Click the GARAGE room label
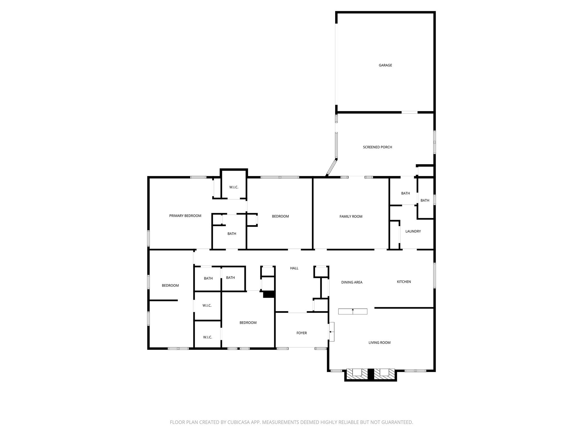click(385, 65)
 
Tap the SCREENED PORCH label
click(377, 147)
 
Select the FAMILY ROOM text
click(351, 217)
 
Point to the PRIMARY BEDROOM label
click(185, 216)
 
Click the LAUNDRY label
click(413, 231)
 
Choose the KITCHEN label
click(404, 282)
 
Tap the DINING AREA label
click(352, 282)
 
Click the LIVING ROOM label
click(379, 343)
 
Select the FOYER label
click(301, 333)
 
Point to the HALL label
click(294, 268)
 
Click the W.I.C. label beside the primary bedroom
click(234, 187)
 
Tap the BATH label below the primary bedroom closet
click(231, 234)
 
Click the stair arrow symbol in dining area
click(353, 311)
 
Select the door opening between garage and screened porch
click(409, 112)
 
